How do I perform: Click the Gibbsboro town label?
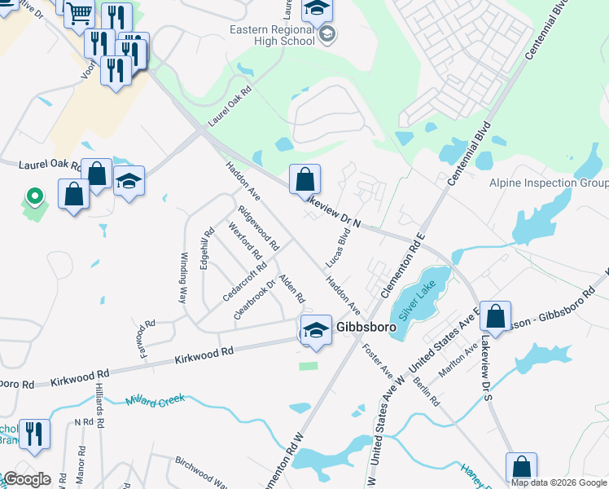click(x=366, y=327)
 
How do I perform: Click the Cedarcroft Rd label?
click(x=243, y=282)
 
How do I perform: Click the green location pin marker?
click(x=34, y=196)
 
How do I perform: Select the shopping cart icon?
click(x=80, y=14)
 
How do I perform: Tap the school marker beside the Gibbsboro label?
click(x=315, y=330)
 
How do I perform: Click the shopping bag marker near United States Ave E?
click(x=494, y=316)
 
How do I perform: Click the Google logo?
click(x=26, y=479)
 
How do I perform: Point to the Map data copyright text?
click(x=559, y=482)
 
